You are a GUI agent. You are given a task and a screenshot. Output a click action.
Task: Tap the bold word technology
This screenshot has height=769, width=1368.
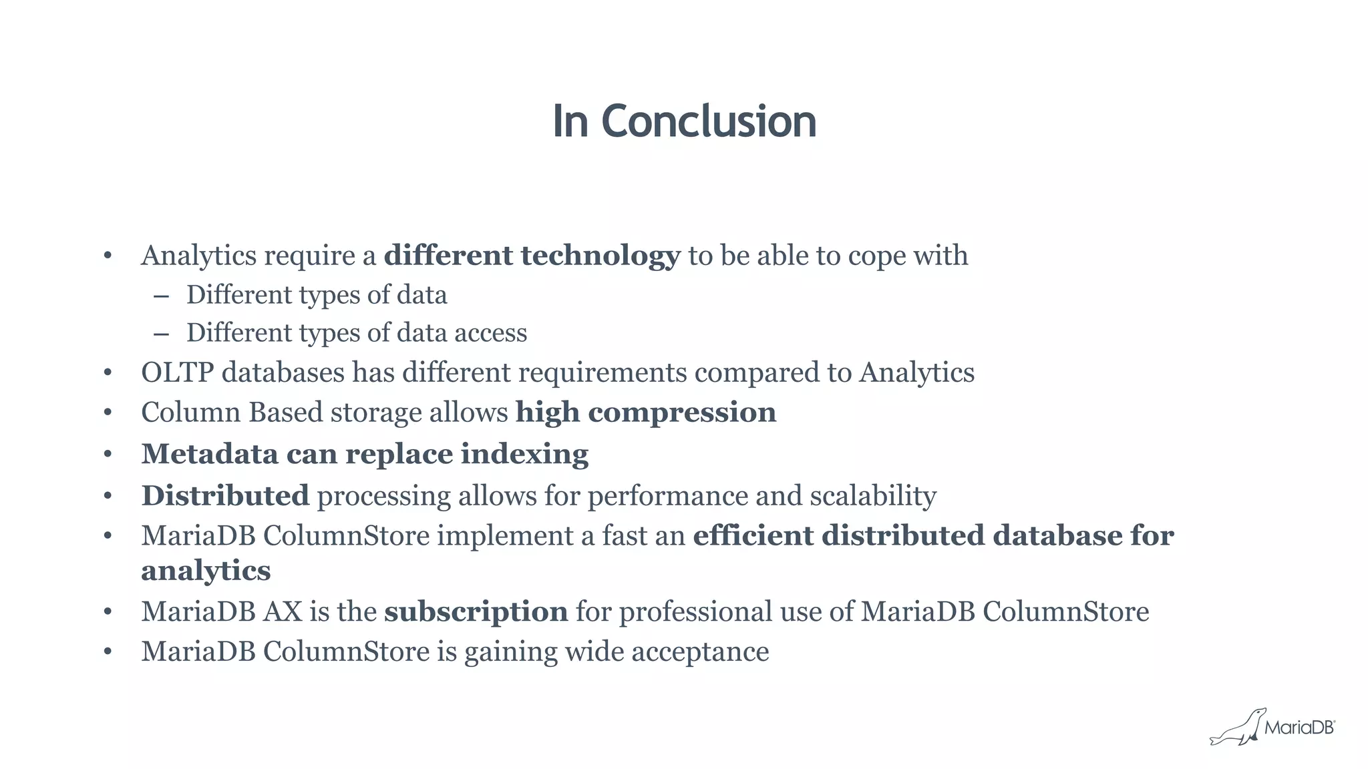tap(600, 256)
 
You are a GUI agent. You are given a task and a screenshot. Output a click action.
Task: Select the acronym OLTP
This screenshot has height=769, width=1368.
tap(177, 372)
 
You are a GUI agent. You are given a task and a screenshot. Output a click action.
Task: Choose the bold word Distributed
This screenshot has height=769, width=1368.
tap(225, 495)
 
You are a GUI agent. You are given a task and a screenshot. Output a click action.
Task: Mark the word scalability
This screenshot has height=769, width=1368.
tap(872, 496)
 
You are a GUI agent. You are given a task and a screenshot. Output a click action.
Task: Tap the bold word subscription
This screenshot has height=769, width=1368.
tap(476, 611)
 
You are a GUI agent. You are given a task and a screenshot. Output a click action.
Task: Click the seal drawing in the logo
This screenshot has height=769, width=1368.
tap(1237, 729)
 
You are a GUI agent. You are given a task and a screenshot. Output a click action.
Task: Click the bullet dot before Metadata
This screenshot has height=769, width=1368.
tap(108, 455)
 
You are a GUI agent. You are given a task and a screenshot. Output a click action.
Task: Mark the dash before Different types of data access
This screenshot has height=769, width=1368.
tap(161, 333)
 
